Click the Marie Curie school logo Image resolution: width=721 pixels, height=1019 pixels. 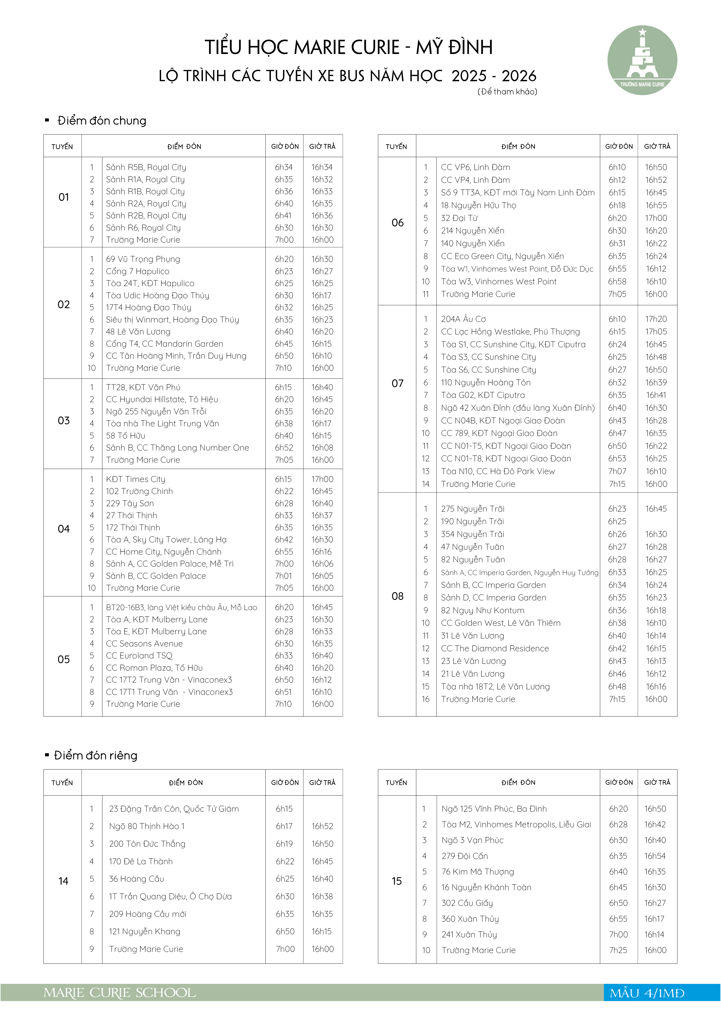pos(642,60)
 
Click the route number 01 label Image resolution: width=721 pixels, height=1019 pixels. pos(63,197)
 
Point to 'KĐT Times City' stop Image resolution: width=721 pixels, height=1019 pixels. pos(135,479)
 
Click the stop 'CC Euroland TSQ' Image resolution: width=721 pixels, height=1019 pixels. pos(139,656)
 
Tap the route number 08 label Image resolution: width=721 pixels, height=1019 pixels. pos(397,596)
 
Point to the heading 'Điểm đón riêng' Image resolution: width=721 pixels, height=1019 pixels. pos(95,755)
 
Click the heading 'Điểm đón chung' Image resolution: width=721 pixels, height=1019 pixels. pos(102,121)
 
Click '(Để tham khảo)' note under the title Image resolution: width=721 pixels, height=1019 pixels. pos(507,92)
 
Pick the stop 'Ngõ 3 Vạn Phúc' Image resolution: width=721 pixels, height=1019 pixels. pos(472,840)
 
